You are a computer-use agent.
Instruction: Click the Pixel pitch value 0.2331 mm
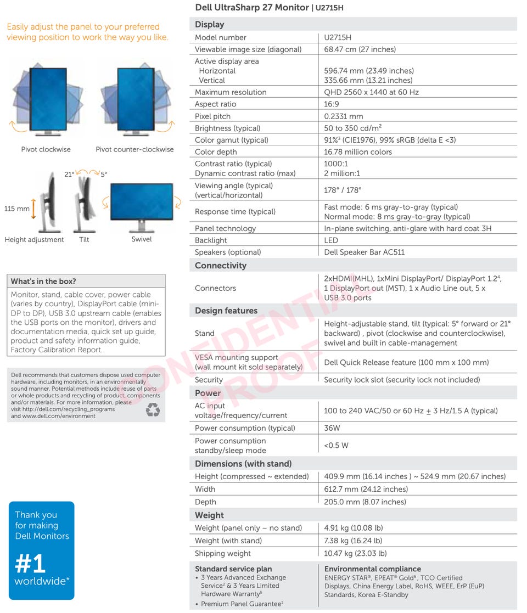344,116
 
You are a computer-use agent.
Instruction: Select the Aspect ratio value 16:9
332,104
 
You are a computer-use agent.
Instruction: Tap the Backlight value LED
331,240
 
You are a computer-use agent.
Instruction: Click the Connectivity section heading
221,266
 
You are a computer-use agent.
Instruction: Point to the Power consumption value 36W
332,428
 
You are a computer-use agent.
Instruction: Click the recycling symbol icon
153,409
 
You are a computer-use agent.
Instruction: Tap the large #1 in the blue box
30,564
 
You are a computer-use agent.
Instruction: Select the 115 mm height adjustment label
17,209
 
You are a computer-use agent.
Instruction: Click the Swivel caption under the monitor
142,239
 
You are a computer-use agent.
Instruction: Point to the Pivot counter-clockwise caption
134,149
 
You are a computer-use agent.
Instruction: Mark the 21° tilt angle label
69,175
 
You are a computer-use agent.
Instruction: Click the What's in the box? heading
43,282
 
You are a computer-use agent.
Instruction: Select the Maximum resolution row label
231,92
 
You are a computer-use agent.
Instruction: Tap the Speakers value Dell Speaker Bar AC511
365,252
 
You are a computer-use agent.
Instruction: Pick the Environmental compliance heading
373,569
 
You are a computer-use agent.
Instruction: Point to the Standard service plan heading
233,569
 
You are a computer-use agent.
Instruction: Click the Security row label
209,380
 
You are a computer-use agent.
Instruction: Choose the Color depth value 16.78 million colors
358,152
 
